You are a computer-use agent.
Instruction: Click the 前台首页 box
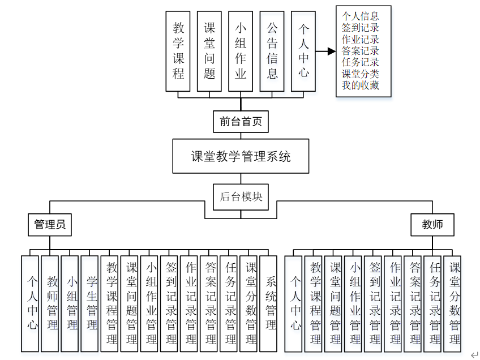pyautogui.click(x=241, y=121)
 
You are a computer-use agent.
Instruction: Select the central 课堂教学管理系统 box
pyautogui.click(x=241, y=157)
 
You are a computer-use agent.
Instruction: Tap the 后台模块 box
pyautogui.click(x=241, y=197)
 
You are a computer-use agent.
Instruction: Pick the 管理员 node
pyautogui.click(x=50, y=225)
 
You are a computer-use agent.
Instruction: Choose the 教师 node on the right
pyautogui.click(x=432, y=225)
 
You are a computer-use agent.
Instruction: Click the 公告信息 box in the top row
pyautogui.click(x=272, y=51)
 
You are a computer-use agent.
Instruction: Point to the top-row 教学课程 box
pyautogui.click(x=178, y=51)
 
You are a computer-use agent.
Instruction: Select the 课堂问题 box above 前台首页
pyautogui.click(x=209, y=51)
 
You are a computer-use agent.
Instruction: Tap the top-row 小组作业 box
pyautogui.click(x=241, y=51)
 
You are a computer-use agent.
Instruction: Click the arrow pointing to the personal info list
pyautogui.click(x=324, y=51)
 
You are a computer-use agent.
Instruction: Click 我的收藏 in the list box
pyautogui.click(x=361, y=85)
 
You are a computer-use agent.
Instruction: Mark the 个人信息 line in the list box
pyautogui.click(x=361, y=16)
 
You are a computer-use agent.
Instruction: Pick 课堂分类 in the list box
pyautogui.click(x=361, y=74)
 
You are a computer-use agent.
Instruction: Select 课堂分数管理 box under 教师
pyautogui.click(x=455, y=303)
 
